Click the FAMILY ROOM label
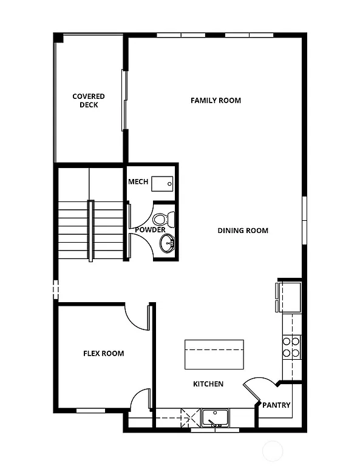216,100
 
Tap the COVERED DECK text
89,101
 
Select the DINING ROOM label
243,231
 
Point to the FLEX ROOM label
103,353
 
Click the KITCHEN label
208,384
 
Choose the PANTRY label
276,405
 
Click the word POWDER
150,230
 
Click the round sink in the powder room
167,244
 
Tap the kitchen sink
215,417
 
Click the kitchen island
214,354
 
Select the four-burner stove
291,346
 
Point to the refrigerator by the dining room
289,295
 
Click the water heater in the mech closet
163,182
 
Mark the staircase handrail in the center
91,231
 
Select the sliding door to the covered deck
124,100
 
